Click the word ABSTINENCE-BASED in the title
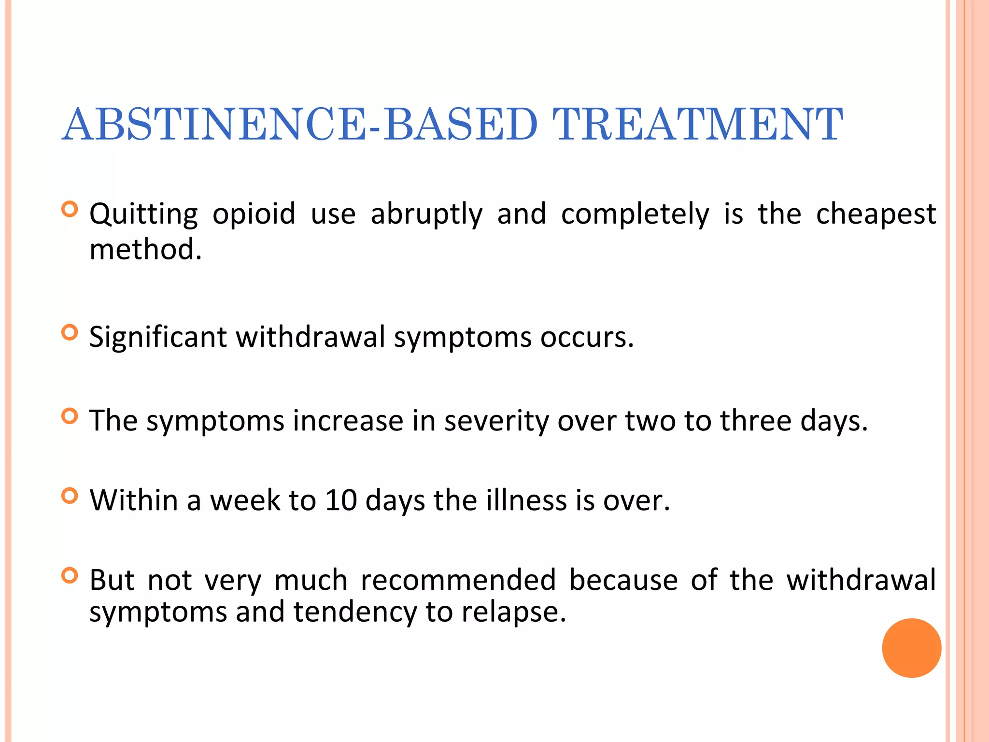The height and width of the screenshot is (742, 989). click(299, 124)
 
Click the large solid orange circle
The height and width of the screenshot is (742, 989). click(911, 648)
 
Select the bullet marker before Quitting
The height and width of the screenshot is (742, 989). click(70, 209)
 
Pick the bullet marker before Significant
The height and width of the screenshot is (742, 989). click(70, 332)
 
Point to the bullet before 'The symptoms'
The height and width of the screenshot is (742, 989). click(70, 416)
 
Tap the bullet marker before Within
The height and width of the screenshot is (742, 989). click(70, 496)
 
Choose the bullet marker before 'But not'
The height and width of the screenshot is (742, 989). click(70, 575)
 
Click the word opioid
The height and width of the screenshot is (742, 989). click(254, 214)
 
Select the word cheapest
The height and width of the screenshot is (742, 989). click(876, 214)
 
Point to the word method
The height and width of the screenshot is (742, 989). click(145, 249)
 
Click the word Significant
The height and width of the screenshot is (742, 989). click(157, 337)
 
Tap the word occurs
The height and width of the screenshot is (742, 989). click(586, 337)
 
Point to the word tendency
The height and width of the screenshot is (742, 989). click(355, 612)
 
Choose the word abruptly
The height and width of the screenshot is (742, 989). click(426, 214)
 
